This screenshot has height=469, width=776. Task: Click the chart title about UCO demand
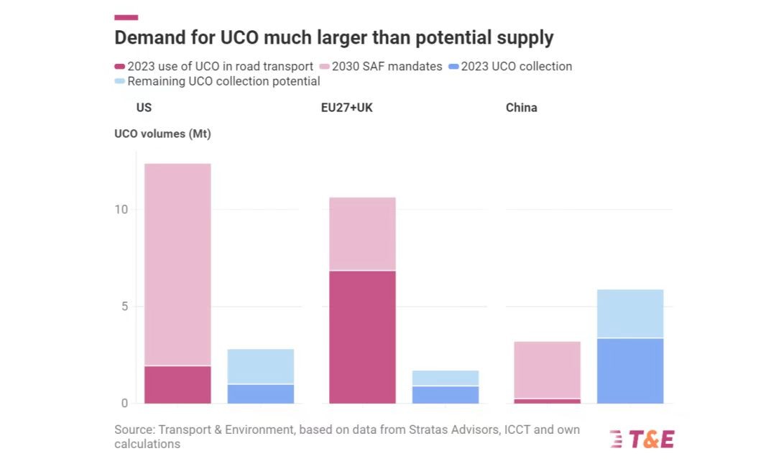click(334, 37)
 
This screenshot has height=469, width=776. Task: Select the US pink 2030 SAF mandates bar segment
click(177, 264)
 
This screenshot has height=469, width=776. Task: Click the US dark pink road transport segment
click(177, 384)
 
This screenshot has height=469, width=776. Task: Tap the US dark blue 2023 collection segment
click(261, 394)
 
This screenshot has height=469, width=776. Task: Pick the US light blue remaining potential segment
click(261, 366)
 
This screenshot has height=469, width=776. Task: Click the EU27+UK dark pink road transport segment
click(362, 337)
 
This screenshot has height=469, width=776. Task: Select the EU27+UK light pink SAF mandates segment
click(362, 233)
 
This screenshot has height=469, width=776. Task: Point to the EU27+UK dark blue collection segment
click(445, 394)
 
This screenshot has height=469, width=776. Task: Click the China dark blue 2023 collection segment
click(630, 371)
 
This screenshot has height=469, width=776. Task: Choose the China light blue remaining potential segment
click(630, 313)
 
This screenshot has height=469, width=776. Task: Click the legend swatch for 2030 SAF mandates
click(325, 67)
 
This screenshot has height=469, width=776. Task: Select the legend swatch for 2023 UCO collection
click(453, 67)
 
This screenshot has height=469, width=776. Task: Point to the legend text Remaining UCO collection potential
click(223, 81)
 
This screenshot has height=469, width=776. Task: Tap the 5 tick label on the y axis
click(124, 307)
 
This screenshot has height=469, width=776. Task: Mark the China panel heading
click(521, 108)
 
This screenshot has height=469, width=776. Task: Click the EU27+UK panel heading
click(346, 108)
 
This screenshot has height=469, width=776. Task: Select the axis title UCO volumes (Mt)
click(162, 134)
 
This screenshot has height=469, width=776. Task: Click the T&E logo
click(642, 439)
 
